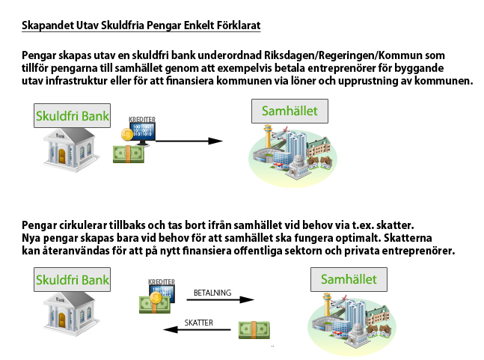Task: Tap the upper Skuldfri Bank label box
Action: tap(73, 116)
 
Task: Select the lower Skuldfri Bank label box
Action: tap(73, 280)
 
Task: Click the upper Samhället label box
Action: tap(290, 112)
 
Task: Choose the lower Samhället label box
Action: tap(349, 279)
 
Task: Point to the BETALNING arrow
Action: tap(221, 299)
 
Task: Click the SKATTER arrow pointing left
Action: tap(197, 329)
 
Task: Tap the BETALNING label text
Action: tap(212, 293)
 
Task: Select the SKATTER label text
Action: tap(199, 323)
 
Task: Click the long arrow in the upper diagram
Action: tap(189, 141)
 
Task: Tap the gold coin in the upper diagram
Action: tap(127, 134)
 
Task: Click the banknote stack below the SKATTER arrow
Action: tap(254, 330)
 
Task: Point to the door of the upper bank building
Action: tap(62, 156)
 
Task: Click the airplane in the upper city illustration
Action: tap(279, 133)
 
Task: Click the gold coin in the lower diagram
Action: tap(156, 298)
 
